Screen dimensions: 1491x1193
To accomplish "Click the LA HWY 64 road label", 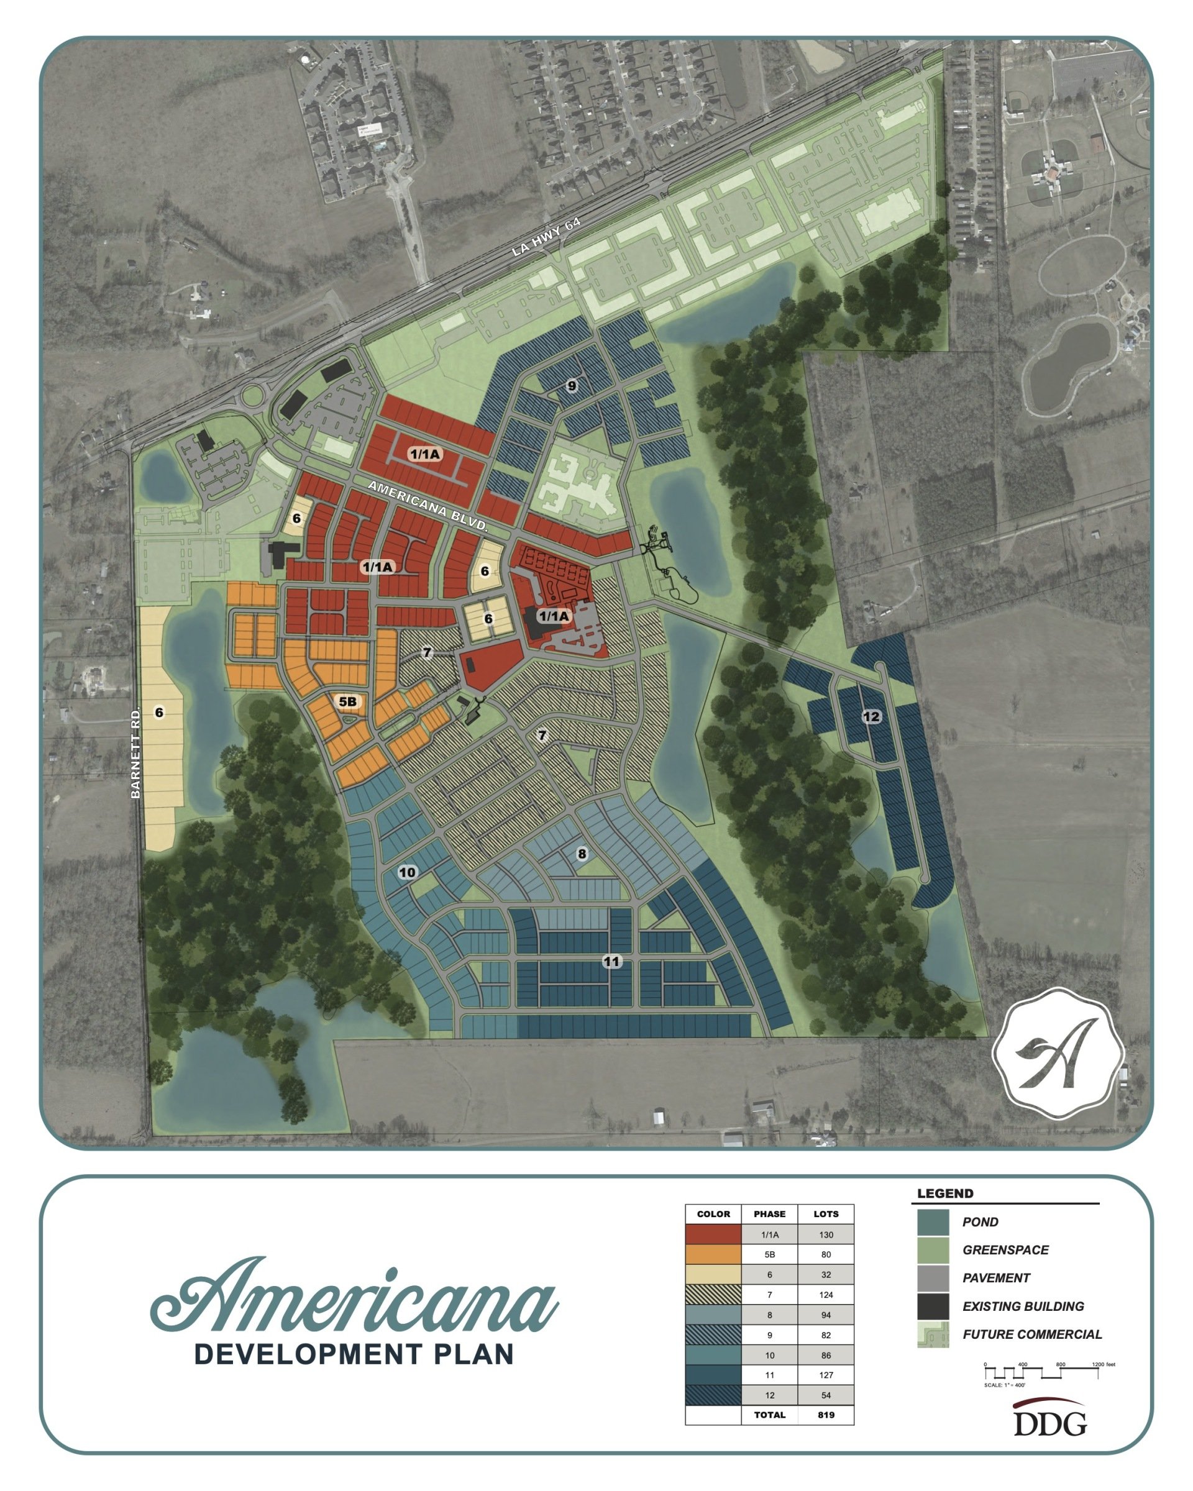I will (x=546, y=237).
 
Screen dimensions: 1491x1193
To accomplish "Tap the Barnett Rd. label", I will (x=136, y=752).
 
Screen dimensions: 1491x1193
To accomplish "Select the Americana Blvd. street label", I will (x=427, y=506).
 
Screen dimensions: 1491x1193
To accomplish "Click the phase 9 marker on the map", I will (x=571, y=385).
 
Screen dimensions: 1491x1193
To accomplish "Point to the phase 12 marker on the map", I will (x=871, y=716).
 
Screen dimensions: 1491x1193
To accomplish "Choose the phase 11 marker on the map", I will (x=611, y=961).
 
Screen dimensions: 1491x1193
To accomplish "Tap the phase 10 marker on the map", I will (x=408, y=872).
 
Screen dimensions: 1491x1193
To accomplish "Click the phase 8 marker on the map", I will (x=582, y=854).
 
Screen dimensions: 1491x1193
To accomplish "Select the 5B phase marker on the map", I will (x=347, y=701).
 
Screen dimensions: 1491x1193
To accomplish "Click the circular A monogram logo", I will (x=1058, y=1053).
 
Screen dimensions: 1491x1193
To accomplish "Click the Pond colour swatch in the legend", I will (x=932, y=1222).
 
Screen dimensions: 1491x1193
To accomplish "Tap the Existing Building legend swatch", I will (x=932, y=1306).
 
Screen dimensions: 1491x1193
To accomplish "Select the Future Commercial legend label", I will (x=1032, y=1334).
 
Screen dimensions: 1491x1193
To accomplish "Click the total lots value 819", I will (x=826, y=1415).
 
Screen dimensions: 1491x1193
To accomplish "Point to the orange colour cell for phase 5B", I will (x=713, y=1254).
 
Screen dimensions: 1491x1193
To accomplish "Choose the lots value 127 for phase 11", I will (x=826, y=1375).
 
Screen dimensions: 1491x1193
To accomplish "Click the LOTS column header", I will (x=826, y=1214).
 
